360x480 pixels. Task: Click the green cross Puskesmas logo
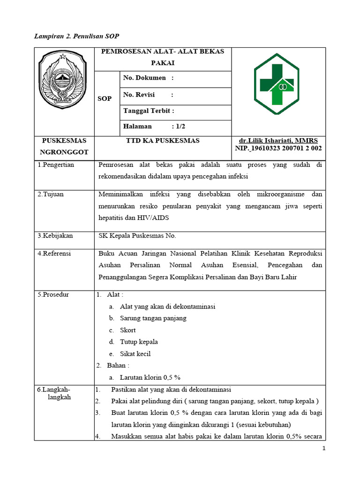pos(278,83)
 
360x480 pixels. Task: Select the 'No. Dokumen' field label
pos(144,78)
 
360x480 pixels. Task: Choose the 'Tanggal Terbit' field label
pos(148,111)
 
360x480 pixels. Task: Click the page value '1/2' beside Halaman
pos(179,126)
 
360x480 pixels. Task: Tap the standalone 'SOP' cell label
pos(105,98)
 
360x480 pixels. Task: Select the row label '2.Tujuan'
pos(50,194)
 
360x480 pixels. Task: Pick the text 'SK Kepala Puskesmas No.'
pos(137,236)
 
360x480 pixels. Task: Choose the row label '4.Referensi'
pos(54,253)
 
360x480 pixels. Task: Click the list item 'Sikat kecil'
pos(135,353)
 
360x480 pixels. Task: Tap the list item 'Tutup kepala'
pos(139,342)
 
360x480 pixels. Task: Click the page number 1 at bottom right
pos(323,449)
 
